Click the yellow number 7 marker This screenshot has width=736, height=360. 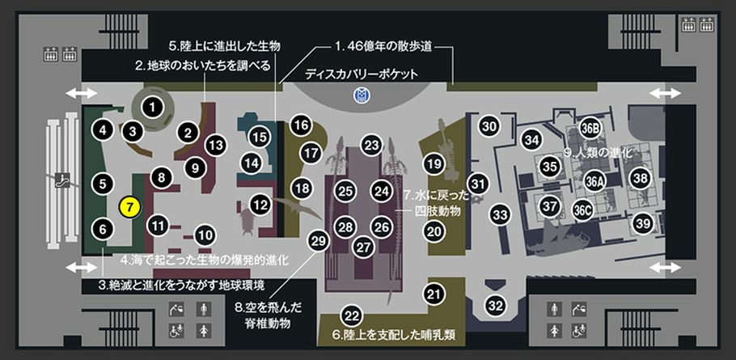tap(130, 207)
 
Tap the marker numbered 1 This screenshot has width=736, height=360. tap(151, 108)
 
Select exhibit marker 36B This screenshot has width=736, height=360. tap(590, 129)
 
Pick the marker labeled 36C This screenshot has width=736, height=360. tap(582, 210)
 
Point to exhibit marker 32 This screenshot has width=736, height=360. tap(495, 306)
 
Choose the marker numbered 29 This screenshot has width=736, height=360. tap(318, 241)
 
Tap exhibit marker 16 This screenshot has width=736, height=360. tap(301, 125)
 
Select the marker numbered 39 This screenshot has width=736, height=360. tap(643, 224)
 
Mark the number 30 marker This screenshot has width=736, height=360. tap(489, 125)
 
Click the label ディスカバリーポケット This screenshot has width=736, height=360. tap(361, 74)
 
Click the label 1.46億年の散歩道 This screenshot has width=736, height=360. tap(383, 48)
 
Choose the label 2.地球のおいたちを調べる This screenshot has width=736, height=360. tap(203, 66)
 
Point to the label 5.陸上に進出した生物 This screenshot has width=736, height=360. tap(224, 46)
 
